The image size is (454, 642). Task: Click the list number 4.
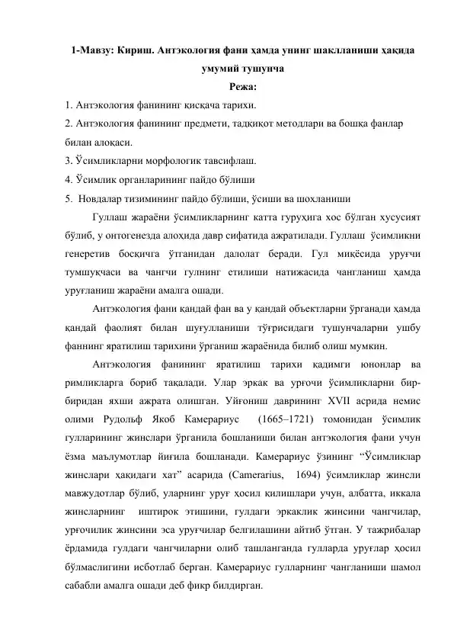[68, 180]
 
